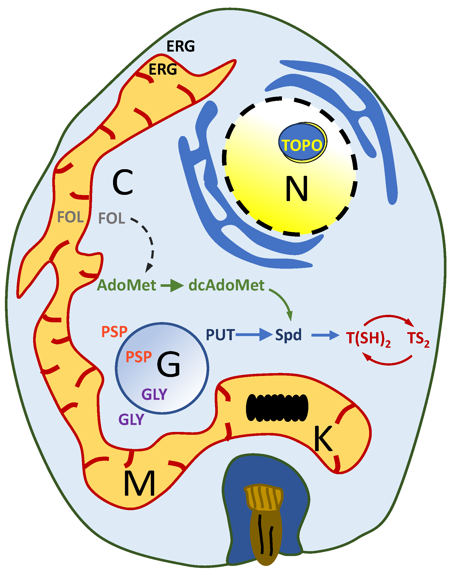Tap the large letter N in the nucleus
tap(296, 189)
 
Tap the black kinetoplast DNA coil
tap(277, 408)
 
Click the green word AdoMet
tap(126, 285)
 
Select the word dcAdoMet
tap(226, 285)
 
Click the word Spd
tap(288, 335)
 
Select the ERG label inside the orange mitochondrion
tap(162, 69)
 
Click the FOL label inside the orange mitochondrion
tap(71, 217)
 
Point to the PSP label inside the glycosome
tap(139, 357)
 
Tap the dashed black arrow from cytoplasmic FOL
tap(149, 243)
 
